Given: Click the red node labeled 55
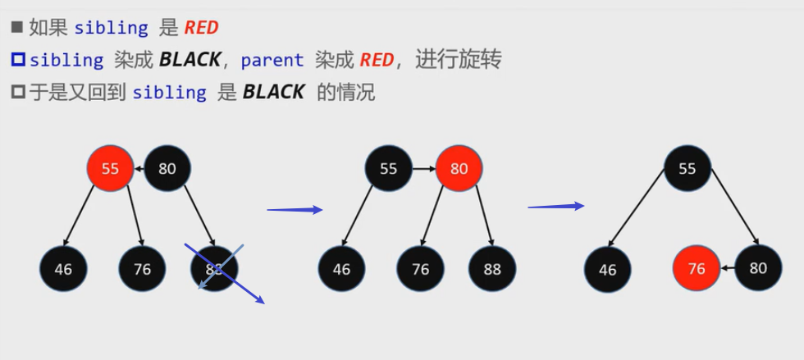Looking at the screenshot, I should [x=110, y=169].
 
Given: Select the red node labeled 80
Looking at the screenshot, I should [x=459, y=169].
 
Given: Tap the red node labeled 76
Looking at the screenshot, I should [x=696, y=268].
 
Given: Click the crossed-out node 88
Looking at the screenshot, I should [x=214, y=268].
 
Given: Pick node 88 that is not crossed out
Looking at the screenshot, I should [x=492, y=268].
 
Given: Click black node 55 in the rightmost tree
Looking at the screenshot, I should [x=687, y=169].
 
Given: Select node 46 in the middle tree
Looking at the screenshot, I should [x=341, y=268].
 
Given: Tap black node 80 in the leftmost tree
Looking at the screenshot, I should [x=167, y=169].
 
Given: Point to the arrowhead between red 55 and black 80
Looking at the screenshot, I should [x=138, y=169].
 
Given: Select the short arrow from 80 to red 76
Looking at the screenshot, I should [x=727, y=268].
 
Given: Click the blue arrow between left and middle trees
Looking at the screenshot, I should [x=295, y=210].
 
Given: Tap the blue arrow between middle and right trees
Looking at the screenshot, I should [x=555, y=206].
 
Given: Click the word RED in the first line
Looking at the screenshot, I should [x=201, y=28].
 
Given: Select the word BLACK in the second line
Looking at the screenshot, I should [x=190, y=60].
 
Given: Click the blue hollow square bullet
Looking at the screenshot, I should [x=17, y=60].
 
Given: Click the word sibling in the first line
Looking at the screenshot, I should [x=111, y=28].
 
